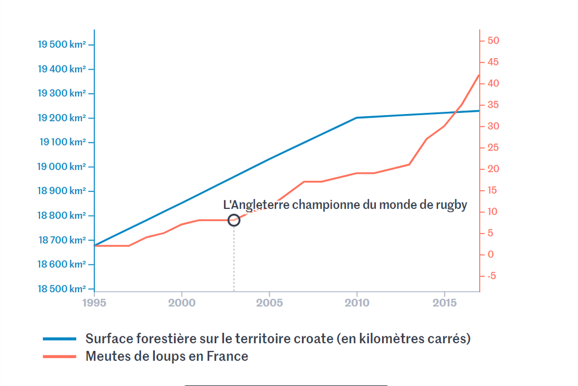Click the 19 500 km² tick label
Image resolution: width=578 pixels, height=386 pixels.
tap(62, 45)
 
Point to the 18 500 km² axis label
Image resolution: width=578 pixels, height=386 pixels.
tap(62, 289)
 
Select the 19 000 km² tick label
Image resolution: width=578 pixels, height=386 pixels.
tap(62, 166)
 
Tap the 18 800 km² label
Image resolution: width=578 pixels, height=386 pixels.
tap(62, 216)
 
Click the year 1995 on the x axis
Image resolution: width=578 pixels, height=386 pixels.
tap(94, 302)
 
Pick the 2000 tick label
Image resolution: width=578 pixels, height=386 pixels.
tap(182, 302)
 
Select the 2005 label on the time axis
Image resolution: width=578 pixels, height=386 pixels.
tap(269, 302)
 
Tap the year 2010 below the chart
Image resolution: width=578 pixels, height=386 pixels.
tap(357, 302)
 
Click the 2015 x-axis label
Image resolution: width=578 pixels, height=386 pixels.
tap(445, 302)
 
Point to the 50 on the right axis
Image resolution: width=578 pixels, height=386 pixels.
tap(493, 41)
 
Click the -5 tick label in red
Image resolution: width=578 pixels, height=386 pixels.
tap(492, 276)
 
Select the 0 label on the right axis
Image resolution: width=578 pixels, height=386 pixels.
tap(491, 255)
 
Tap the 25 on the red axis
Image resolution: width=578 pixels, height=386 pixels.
tap(493, 147)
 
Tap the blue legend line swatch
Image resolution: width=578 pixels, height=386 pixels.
tap(59, 339)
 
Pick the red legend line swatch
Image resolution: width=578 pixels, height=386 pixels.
tap(59, 357)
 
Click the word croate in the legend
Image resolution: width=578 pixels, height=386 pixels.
tap(314, 339)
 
